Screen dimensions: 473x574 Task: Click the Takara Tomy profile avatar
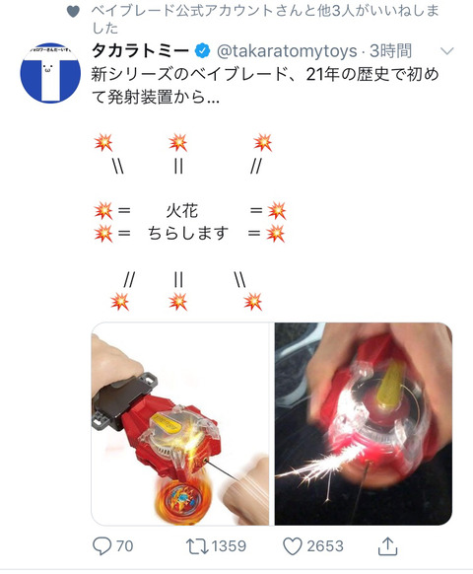click(x=50, y=73)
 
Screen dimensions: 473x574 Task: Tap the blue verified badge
click(x=203, y=51)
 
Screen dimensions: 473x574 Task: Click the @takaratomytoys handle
click(x=287, y=51)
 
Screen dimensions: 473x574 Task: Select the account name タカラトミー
click(x=141, y=51)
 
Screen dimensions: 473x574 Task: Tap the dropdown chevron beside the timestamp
click(x=446, y=51)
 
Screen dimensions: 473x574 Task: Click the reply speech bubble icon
click(x=101, y=546)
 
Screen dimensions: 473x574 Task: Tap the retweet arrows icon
click(x=197, y=546)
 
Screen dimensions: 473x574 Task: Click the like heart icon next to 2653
click(x=293, y=546)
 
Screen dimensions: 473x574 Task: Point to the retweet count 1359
click(x=229, y=546)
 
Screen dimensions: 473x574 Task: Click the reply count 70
click(x=125, y=546)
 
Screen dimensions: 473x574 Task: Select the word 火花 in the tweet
click(x=182, y=211)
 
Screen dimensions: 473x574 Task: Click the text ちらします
click(x=188, y=233)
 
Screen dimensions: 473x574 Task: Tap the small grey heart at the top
click(x=73, y=12)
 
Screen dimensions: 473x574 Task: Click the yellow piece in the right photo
click(x=390, y=384)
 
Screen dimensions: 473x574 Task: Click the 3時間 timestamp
click(x=390, y=51)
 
